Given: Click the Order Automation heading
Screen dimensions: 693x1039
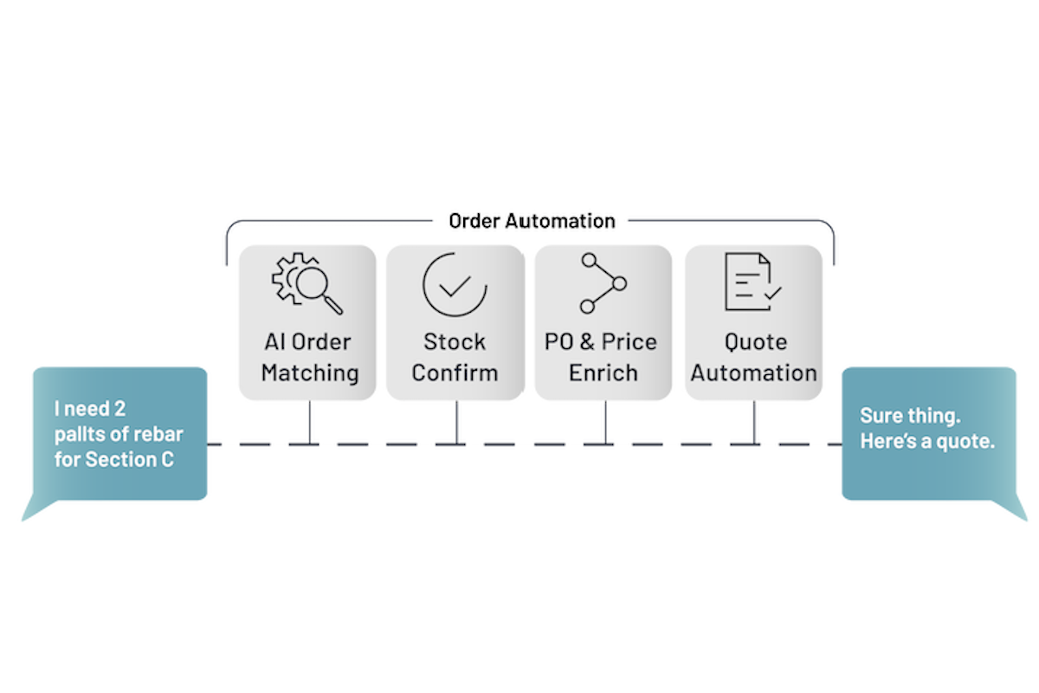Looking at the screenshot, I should pyautogui.click(x=532, y=221).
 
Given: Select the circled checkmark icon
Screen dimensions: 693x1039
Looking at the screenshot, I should pyautogui.click(x=455, y=283).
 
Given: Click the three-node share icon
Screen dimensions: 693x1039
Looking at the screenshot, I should pyautogui.click(x=603, y=283).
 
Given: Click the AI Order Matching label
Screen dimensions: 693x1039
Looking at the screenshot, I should pyautogui.click(x=309, y=357).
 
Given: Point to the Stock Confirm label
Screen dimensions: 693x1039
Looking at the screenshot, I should pyautogui.click(x=455, y=357).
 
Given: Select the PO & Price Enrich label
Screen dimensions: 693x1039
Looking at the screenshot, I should pyautogui.click(x=603, y=357).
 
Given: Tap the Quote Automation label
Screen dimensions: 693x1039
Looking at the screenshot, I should pyautogui.click(x=753, y=357).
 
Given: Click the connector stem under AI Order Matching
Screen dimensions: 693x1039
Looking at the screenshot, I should pyautogui.click(x=309, y=423).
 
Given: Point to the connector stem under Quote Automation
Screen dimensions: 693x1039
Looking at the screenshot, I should pyautogui.click(x=753, y=423).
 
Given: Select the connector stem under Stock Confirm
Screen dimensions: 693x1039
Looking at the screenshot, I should pyautogui.click(x=456, y=423).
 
